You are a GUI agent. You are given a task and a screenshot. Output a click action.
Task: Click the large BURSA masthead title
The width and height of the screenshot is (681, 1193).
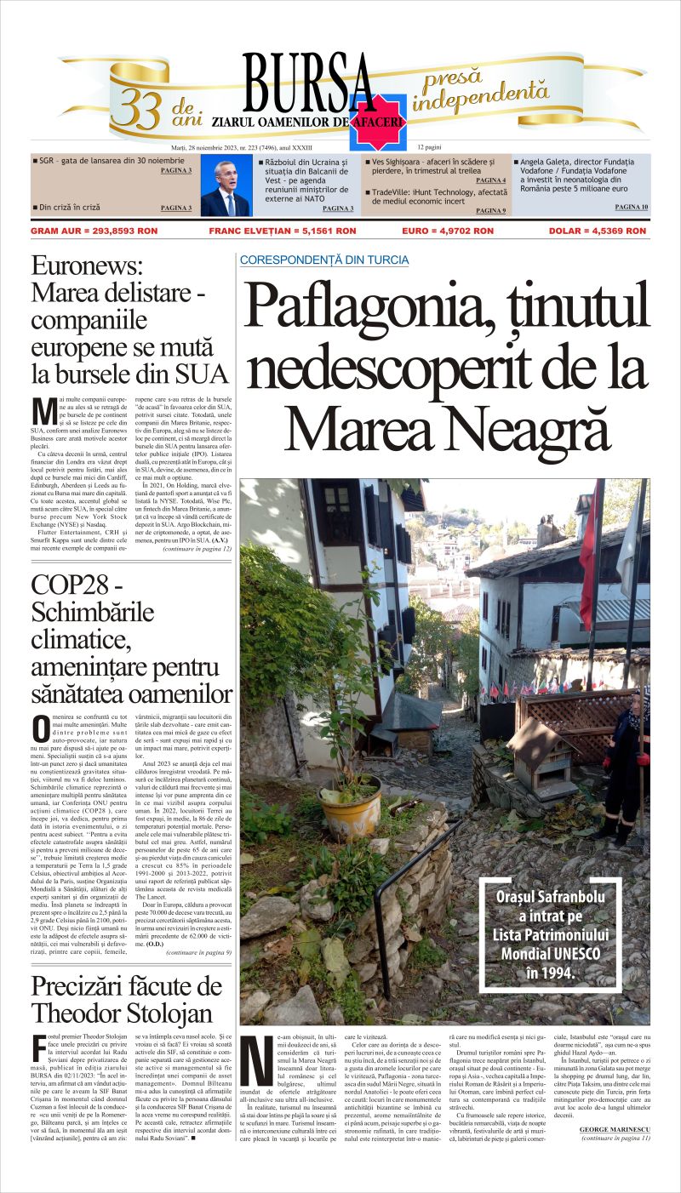click(x=309, y=83)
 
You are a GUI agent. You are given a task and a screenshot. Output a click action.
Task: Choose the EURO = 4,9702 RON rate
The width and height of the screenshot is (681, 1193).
click(x=447, y=231)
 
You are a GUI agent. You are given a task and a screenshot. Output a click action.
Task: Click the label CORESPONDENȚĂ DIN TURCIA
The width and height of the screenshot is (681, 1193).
click(x=324, y=260)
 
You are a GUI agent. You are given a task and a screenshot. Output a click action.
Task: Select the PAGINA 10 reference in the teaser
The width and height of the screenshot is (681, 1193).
click(x=631, y=207)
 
